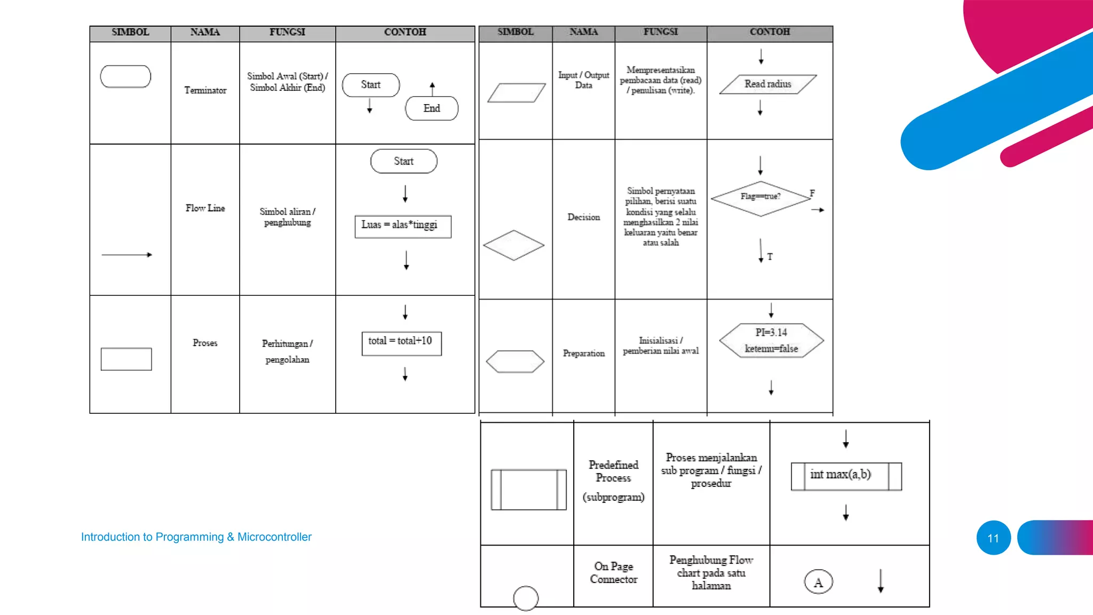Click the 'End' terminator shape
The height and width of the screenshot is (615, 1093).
[431, 108]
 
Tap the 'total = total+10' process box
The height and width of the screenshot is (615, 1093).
[401, 343]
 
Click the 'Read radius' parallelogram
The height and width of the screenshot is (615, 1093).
[767, 84]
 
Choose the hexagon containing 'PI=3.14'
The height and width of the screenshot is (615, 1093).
[771, 341]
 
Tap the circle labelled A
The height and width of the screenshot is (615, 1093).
[818, 582]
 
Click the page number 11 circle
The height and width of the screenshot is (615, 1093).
[993, 538]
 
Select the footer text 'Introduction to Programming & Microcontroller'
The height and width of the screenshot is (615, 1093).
[196, 537]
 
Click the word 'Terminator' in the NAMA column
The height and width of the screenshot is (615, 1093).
[205, 91]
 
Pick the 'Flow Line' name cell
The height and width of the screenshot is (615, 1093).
[205, 208]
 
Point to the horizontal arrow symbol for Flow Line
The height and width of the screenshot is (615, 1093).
[127, 255]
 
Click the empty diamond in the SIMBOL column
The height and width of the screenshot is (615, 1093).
[513, 246]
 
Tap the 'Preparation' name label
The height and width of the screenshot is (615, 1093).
[583, 353]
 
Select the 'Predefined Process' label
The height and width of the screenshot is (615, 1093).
[613, 471]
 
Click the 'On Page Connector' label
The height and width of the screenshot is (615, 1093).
[613, 573]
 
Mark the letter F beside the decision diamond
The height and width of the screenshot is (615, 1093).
[812, 193]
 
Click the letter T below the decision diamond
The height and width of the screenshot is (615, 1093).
[770, 257]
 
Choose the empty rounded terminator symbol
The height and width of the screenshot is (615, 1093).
[125, 77]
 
